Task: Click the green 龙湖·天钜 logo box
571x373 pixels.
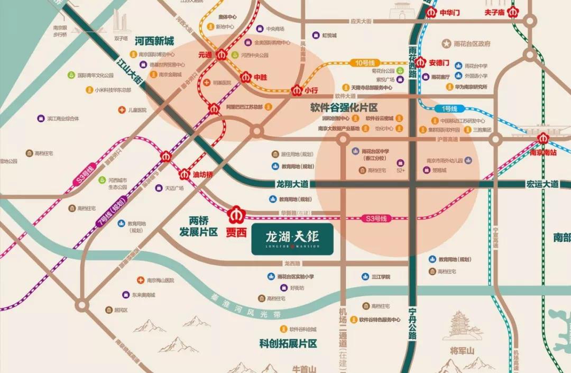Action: point(292,239)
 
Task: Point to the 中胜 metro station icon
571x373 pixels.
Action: point(246,77)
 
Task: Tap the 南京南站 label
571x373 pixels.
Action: point(543,152)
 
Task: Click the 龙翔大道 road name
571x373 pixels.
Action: point(292,184)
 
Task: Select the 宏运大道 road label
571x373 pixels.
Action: point(542,184)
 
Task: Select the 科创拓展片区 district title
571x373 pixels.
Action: point(288,343)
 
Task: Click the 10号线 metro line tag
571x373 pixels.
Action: point(364,63)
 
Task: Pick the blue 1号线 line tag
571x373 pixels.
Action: point(449,108)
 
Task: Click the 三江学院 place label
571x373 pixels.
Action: point(380,277)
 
